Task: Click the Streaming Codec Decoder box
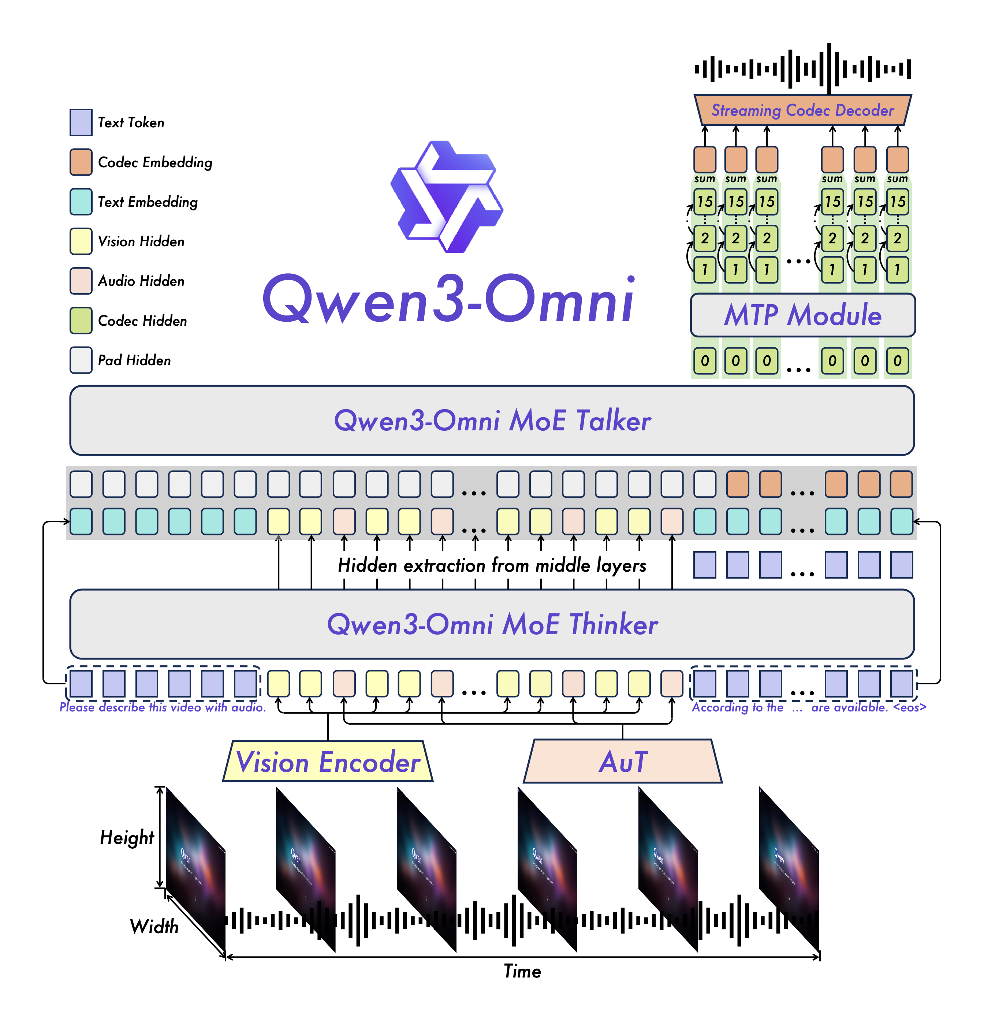coord(802,110)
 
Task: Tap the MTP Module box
coord(802,315)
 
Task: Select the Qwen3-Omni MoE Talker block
coord(492,420)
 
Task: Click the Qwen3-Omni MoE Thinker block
coord(492,624)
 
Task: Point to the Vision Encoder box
coord(328,762)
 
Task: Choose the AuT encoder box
coord(623,762)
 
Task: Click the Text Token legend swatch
coord(81,122)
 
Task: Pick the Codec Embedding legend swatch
coord(81,162)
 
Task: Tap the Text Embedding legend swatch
coord(81,202)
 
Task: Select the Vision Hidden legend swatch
coord(81,241)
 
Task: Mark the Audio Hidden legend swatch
coord(81,281)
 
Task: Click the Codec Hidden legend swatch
coord(81,321)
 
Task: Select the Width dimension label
coord(154,927)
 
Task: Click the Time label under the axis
coord(522,971)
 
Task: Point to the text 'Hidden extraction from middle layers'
coord(492,565)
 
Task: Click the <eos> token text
coord(910,707)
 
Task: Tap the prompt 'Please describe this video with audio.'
coord(163,707)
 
